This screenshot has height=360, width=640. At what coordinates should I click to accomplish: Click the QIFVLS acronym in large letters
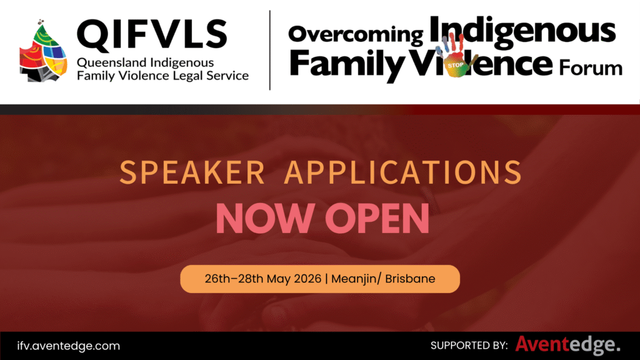coord(152,34)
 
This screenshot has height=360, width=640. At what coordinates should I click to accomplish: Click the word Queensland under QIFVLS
coord(111,63)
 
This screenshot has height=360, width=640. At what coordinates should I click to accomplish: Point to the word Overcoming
coord(356,34)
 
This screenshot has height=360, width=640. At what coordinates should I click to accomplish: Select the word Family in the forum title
coord(346,64)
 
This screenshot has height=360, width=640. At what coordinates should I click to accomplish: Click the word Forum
coord(591,67)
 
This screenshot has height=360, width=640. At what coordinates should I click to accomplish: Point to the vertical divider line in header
coord(270,50)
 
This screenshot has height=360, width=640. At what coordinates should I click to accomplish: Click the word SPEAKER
coord(192,172)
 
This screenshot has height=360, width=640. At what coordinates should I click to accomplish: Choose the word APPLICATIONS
coord(403,172)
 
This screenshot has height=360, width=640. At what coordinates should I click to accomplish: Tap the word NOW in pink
coord(265,218)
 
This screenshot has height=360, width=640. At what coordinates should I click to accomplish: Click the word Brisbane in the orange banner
coord(410,279)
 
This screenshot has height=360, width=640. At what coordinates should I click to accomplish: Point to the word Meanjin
coord(354,279)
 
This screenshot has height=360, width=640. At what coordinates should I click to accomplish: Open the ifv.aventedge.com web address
coord(69,346)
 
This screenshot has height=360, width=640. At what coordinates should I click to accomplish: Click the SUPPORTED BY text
coord(469,346)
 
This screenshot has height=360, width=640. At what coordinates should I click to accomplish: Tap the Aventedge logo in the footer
coord(567,345)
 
